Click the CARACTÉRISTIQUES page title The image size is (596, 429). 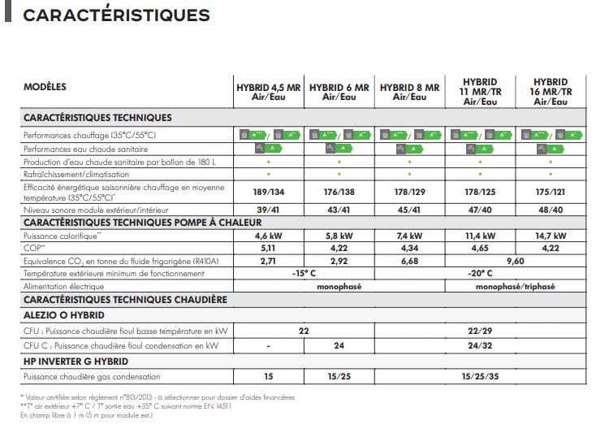coord(117,15)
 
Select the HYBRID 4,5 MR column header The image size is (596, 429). coord(268,92)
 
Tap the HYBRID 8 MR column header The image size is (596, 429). coord(409,92)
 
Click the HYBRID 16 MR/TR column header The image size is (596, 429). coord(551,92)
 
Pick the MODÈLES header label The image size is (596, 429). coord(45,87)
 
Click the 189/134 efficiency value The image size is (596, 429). coord(268,192)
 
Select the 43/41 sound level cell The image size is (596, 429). coord(339,210)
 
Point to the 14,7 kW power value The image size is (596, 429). coord(551,236)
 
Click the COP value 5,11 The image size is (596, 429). coord(268,248)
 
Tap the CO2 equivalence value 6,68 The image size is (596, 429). coord(409,261)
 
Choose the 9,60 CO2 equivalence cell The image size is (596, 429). coord(516,261)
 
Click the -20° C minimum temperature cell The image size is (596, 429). coord(480,274)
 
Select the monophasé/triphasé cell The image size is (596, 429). coord(515,286)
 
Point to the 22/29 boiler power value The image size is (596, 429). coord(480,331)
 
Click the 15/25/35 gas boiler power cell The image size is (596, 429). coord(480,376)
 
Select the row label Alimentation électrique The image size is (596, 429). coord(64,286)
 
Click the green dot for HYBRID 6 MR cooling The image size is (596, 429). coord(339,174)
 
